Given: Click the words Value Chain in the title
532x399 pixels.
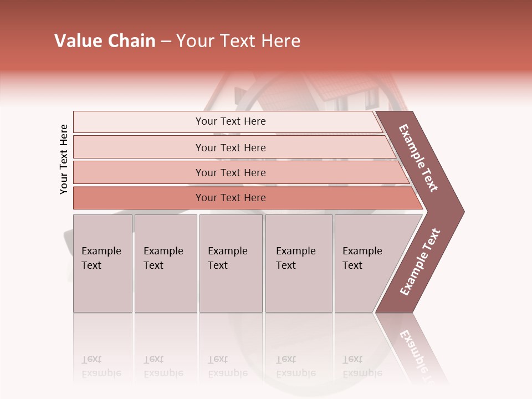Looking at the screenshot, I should pos(105,41).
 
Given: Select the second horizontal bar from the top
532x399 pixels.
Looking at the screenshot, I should pos(231,147).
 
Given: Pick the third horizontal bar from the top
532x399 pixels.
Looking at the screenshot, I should pos(231,172).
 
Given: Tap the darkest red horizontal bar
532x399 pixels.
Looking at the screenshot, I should pos(231,198).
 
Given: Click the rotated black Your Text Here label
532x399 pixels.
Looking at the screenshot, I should pos(64,159).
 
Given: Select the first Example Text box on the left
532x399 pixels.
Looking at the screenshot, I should pos(103,263).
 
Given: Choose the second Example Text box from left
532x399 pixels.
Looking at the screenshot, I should pos(165,263).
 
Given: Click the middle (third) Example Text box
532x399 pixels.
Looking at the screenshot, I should pos(231,263).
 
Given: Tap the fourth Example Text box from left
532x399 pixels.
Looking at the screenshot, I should pos(299,263).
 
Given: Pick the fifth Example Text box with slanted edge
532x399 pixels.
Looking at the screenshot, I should pos(366,263).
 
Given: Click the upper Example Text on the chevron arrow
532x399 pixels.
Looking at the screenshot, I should pos(418,158).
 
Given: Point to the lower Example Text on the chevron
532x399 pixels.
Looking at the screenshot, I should pos(420,262).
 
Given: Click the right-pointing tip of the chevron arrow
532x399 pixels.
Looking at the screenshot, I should pos(461,211).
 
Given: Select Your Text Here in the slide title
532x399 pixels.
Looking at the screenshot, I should pos(238,41).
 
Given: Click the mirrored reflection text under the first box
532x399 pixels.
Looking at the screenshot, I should pos(101,366).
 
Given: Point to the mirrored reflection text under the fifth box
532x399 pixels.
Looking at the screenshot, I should pos(362,366).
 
